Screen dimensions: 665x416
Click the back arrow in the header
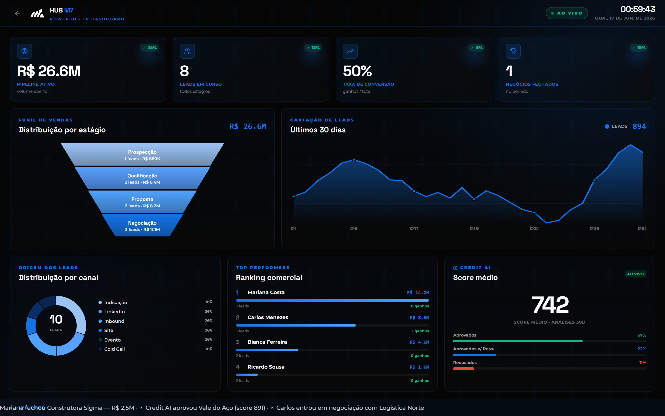coord(17,13)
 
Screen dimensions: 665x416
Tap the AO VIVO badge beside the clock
coord(567,13)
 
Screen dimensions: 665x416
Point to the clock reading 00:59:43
coord(638,9)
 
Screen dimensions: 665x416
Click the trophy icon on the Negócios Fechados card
coord(513,51)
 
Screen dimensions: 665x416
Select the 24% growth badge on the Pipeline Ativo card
coord(149,48)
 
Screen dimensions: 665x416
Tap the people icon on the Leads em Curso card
coord(187,51)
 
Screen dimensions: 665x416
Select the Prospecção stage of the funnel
coord(142,155)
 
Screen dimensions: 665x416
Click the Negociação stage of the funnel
coord(142,226)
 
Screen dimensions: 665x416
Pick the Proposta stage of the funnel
coord(142,202)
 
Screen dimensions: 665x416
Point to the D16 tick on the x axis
coord(474,228)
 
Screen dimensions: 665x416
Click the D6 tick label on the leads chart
coord(354,228)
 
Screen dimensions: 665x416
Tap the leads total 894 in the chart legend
coord(639,126)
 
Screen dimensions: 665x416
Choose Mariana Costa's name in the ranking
coord(266,292)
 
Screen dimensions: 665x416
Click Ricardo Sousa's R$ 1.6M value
coord(419,367)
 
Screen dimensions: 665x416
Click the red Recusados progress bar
coord(464,369)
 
